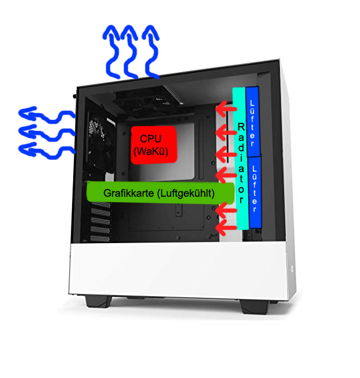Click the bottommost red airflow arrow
[x=225, y=229]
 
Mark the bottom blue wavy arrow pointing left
[x=46, y=148]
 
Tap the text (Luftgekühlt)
[x=185, y=193]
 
